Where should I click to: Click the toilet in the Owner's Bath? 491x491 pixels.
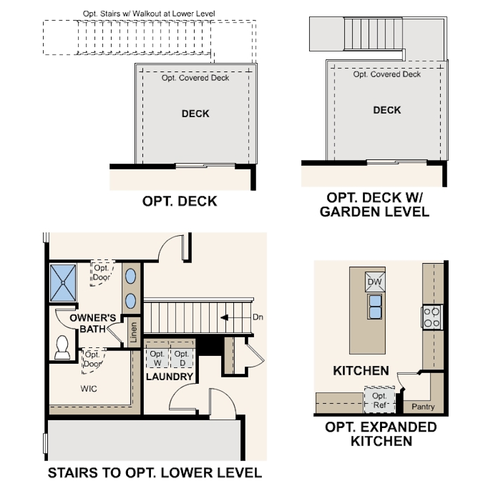pyautogui.click(x=62, y=347)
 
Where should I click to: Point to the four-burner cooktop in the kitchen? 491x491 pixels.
pyautogui.click(x=433, y=316)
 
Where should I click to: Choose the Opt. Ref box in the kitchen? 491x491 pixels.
pyautogui.click(x=379, y=400)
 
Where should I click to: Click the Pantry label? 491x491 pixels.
pyautogui.click(x=423, y=407)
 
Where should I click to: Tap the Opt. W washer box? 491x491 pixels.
pyautogui.click(x=157, y=358)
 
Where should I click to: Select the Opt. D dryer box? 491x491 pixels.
pyautogui.click(x=181, y=358)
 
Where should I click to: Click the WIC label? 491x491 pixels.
pyautogui.click(x=89, y=389)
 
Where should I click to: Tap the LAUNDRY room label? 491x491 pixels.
pyautogui.click(x=170, y=377)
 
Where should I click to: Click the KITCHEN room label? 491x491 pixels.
pyautogui.click(x=361, y=370)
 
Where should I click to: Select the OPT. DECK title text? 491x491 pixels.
pyautogui.click(x=179, y=201)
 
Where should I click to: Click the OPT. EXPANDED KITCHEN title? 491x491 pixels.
pyautogui.click(x=381, y=434)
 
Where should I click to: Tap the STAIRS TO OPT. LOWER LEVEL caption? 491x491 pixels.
pyautogui.click(x=155, y=473)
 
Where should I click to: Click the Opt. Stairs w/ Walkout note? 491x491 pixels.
pyautogui.click(x=149, y=13)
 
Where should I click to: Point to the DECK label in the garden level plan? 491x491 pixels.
pyautogui.click(x=387, y=110)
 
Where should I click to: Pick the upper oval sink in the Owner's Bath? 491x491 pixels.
pyautogui.click(x=131, y=276)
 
